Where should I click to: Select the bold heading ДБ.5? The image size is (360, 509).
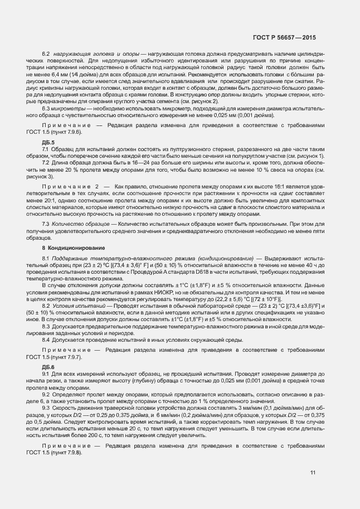(48, 143)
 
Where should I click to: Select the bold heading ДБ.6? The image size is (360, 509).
(48, 351)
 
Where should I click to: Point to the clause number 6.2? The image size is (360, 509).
(46, 52)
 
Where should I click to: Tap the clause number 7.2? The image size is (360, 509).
(46, 162)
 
